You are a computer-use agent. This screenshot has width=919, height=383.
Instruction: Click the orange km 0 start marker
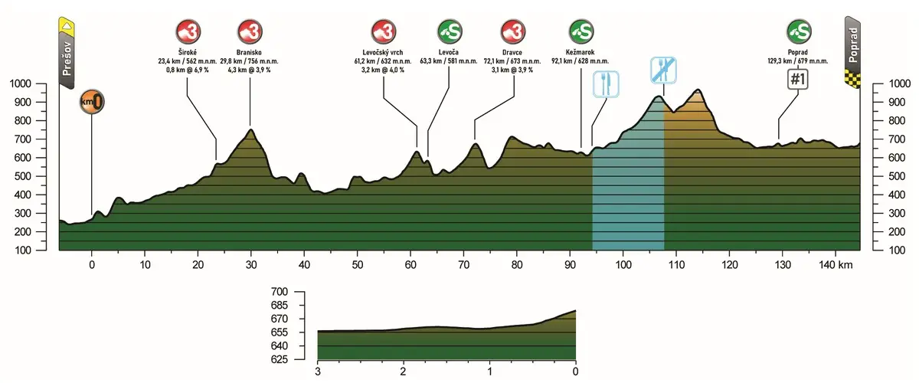click(x=91, y=101)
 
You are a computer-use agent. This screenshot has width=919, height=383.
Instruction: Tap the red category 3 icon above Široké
click(x=188, y=32)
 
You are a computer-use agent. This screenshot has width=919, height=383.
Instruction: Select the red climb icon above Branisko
click(x=250, y=32)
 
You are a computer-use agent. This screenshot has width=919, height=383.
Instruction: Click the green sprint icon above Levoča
click(x=449, y=32)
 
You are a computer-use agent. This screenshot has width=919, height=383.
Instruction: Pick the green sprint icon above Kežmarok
click(x=581, y=32)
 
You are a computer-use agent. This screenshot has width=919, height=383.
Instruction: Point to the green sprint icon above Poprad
click(x=799, y=32)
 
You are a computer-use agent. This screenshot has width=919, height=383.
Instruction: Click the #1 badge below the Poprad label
click(x=800, y=80)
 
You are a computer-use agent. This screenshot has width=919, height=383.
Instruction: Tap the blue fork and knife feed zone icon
click(x=606, y=83)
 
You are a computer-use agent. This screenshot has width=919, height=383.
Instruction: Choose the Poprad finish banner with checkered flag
click(x=852, y=51)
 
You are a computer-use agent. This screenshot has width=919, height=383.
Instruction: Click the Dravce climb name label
click(x=512, y=53)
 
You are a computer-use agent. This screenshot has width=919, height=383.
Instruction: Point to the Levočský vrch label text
click(x=383, y=53)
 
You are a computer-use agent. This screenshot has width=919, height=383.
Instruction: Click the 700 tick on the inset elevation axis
click(x=279, y=292)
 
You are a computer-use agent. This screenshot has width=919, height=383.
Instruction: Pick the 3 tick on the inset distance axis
click(x=318, y=372)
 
